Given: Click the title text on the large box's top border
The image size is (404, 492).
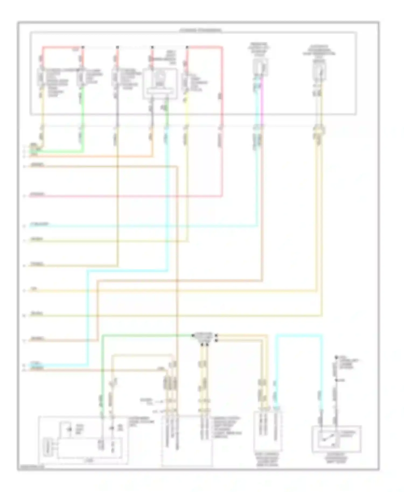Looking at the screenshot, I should (201, 30).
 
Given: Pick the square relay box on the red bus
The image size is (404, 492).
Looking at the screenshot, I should (160, 83).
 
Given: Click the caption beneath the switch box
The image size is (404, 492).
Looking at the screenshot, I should (336, 459).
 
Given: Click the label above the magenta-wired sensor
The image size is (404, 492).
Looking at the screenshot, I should (259, 48).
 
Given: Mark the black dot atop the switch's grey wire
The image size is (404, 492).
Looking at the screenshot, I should (336, 358).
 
